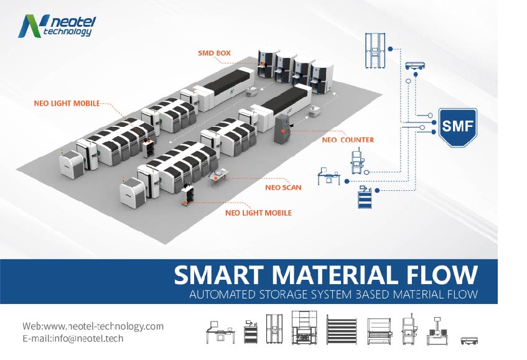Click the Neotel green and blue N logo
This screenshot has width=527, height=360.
29,25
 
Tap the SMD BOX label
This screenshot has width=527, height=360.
213,53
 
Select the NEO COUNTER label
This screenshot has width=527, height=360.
348,140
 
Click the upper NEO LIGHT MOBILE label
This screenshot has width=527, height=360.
67,103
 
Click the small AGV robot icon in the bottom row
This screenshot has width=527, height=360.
471,340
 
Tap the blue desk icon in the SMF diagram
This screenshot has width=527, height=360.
328,176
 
